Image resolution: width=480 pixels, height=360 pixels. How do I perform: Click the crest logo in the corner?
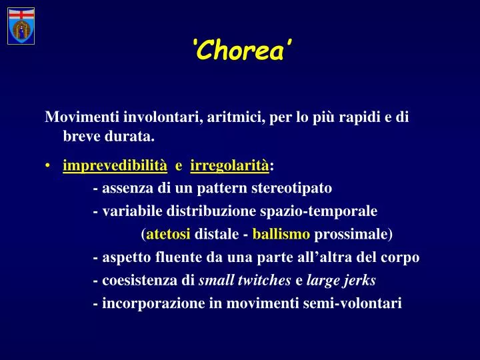21,26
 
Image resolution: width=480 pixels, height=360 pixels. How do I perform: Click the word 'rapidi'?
357,118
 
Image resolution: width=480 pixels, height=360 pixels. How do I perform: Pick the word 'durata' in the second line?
132,137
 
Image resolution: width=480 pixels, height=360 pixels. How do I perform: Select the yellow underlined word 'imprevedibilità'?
115,165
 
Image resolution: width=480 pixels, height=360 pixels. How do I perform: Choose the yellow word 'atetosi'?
168,234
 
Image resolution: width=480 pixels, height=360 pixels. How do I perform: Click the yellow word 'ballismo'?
281,234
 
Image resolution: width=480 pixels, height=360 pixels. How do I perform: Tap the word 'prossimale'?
351,234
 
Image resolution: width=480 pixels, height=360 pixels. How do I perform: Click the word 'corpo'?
401,257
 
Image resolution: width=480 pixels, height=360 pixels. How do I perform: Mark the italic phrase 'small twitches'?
245,281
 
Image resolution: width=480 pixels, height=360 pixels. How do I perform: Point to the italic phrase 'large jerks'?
341,281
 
